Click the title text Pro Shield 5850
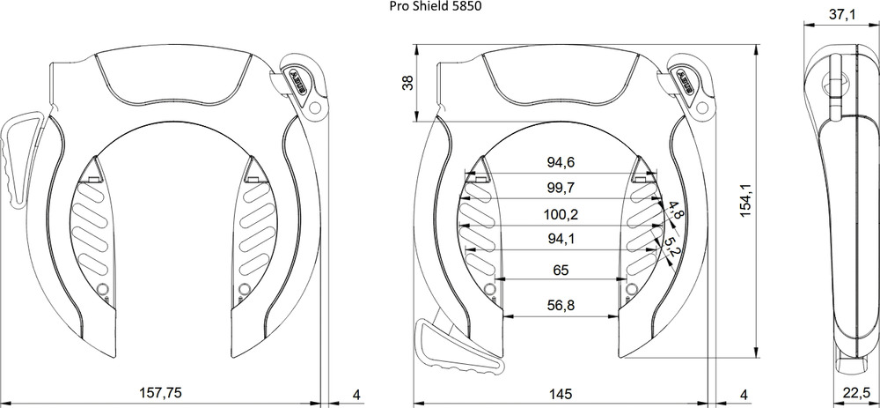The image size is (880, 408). pyautogui.click(x=436, y=7)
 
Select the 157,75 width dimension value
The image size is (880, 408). pyautogui.click(x=160, y=393)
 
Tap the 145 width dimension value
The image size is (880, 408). pyautogui.click(x=560, y=393)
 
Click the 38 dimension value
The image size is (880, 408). pyautogui.click(x=409, y=83)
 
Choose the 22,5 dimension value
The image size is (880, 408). pyautogui.click(x=857, y=393)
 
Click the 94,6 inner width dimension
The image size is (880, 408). pyautogui.click(x=561, y=162)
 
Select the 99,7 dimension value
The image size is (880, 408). pyautogui.click(x=561, y=188)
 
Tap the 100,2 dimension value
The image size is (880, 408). pyautogui.click(x=561, y=214)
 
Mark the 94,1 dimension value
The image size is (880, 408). pyautogui.click(x=561, y=240)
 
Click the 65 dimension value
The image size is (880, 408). pyautogui.click(x=561, y=271)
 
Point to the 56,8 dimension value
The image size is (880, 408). pyautogui.click(x=561, y=305)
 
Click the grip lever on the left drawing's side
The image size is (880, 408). pyautogui.click(x=23, y=159)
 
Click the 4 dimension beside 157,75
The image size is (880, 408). pyautogui.click(x=356, y=395)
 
